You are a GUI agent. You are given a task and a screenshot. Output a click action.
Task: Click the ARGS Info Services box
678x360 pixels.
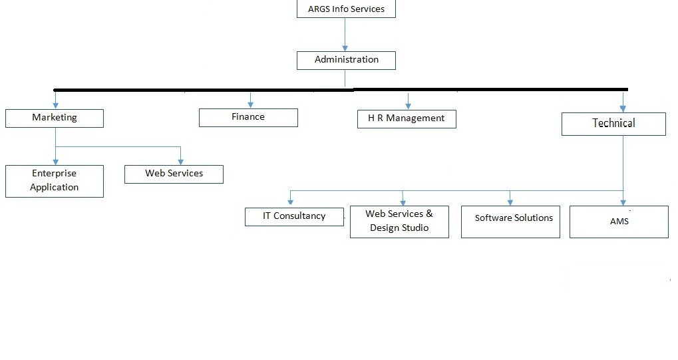346,9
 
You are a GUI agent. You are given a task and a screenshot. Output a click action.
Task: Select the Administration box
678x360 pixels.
346,60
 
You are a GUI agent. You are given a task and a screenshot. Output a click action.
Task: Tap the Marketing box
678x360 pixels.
55,118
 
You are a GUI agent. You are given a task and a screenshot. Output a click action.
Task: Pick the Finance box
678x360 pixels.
248,117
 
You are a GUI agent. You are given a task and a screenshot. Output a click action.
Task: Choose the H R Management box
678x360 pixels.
407,118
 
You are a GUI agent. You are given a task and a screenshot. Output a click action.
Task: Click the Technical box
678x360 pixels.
613,124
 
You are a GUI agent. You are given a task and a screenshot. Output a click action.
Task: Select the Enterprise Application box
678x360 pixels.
55,180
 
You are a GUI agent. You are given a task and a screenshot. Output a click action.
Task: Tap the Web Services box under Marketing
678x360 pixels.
174,174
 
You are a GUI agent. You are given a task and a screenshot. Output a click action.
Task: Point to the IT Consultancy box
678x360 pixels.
294,216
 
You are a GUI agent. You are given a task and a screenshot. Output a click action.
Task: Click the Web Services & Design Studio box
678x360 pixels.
399,221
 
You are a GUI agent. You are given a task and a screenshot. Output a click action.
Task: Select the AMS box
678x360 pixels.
619,221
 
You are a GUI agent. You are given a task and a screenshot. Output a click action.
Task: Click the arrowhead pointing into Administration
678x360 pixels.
345,47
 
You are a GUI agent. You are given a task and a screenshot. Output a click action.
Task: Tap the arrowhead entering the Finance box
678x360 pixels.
251,104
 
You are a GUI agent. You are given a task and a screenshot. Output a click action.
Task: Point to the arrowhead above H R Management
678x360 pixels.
408,105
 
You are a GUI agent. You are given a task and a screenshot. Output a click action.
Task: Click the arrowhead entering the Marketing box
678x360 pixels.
55,104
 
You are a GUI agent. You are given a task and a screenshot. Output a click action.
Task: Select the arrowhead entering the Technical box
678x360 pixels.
623,108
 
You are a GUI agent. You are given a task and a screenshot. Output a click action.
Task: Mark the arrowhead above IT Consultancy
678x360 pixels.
290,202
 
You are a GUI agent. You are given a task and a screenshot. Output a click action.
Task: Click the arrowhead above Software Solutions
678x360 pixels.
510,202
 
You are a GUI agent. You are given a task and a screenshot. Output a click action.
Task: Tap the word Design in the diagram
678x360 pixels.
387,228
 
